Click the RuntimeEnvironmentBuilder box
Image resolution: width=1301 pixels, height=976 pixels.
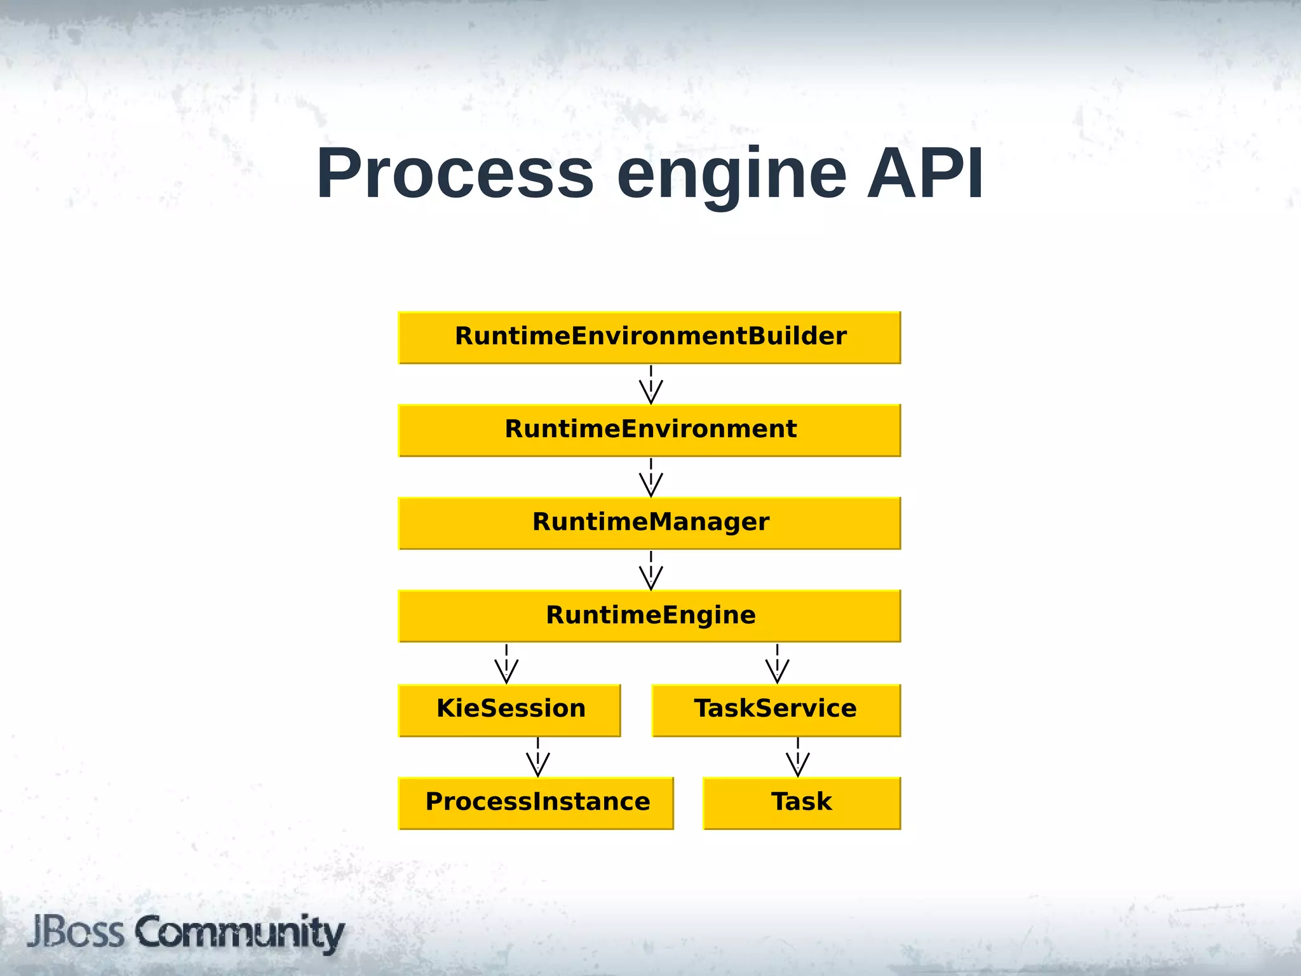tap(649, 337)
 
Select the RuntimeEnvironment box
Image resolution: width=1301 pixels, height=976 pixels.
tap(649, 430)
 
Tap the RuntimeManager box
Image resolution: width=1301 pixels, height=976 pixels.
tap(649, 523)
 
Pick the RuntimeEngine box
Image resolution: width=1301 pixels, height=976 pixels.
tap(649, 616)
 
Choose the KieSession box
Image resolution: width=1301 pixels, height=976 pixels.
tap(509, 710)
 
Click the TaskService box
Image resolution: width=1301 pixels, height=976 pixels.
tap(776, 710)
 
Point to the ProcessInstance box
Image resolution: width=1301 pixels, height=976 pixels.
tap(536, 803)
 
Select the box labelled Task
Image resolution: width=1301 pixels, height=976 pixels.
tap(802, 803)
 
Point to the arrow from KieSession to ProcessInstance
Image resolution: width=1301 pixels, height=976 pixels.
tap(538, 757)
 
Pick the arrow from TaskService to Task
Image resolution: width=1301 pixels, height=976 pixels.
tap(798, 757)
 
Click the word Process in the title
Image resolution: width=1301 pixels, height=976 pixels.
tap(455, 173)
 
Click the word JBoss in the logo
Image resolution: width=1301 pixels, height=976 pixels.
tap(76, 932)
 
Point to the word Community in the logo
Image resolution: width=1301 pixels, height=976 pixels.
tap(239, 933)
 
